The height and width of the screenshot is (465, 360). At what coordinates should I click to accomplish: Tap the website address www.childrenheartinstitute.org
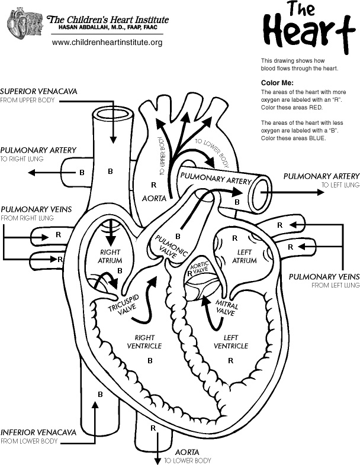(x=107, y=43)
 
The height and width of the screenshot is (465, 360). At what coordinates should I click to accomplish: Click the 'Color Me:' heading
(x=277, y=83)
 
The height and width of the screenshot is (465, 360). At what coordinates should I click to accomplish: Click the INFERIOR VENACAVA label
(x=38, y=432)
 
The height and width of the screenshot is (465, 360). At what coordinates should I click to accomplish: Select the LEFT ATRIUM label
(x=227, y=256)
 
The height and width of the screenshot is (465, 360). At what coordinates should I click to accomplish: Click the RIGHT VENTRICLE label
(x=144, y=341)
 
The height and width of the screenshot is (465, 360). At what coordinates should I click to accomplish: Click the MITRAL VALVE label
(x=226, y=309)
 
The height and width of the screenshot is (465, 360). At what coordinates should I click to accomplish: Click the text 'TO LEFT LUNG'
(x=340, y=185)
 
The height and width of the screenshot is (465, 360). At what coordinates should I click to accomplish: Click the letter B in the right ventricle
(x=150, y=360)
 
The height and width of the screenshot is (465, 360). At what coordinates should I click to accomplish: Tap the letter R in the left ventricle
(x=230, y=360)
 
